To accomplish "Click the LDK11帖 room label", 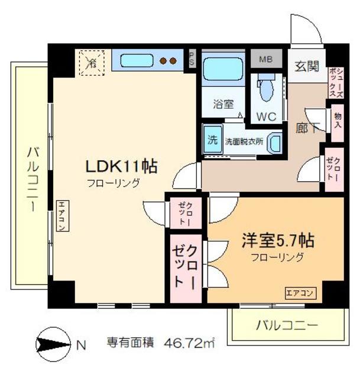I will pos(123,166).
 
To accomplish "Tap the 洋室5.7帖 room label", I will pos(277,241).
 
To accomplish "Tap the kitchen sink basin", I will pos(137,60).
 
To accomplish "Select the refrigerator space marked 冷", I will pos(92,61).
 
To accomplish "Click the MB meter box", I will pos(266,59).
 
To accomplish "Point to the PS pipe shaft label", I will pos(192,60).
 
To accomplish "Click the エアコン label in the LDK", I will pos(61,216).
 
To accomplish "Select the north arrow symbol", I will pos(53,343).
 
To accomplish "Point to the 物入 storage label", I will pos(338,121).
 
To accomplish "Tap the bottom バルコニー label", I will pos(286,324).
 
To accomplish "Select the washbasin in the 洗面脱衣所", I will pos(274,142).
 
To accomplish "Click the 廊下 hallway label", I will pos(306,127).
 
